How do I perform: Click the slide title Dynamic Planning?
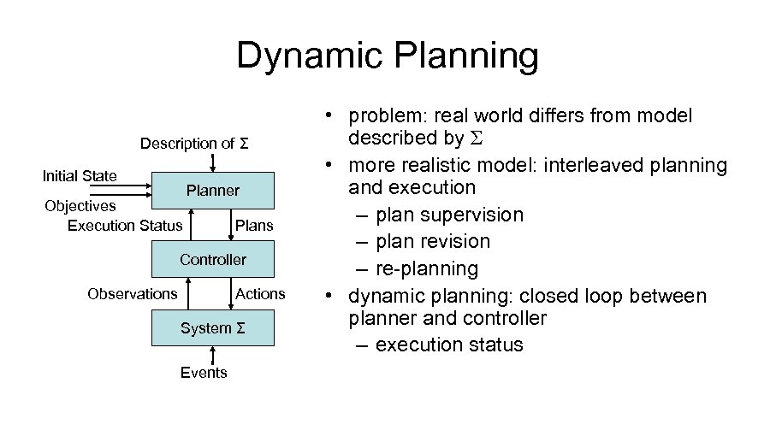click(x=388, y=56)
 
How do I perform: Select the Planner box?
click(x=213, y=191)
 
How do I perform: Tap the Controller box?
click(x=213, y=259)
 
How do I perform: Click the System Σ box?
click(x=213, y=328)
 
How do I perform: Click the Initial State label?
click(x=80, y=176)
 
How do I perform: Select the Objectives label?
click(x=80, y=206)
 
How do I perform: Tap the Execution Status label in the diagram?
click(x=125, y=226)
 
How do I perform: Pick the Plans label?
click(x=254, y=226)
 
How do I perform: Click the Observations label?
click(x=133, y=294)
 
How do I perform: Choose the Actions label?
click(x=260, y=294)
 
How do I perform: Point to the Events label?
click(x=204, y=373)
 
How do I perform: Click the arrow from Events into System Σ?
click(x=204, y=355)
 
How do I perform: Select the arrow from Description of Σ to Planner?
click(x=213, y=162)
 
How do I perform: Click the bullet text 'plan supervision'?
click(x=450, y=215)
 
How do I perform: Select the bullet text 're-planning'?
click(x=429, y=269)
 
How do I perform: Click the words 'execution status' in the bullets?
click(x=449, y=345)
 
